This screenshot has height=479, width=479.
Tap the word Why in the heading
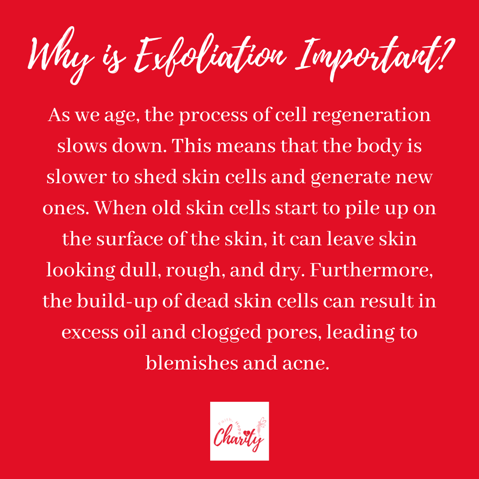[61, 55]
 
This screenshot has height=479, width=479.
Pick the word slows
[82, 145]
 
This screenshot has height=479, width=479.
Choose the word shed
[156, 177]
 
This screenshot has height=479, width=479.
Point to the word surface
[130, 239]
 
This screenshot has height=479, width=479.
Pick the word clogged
[226, 333]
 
